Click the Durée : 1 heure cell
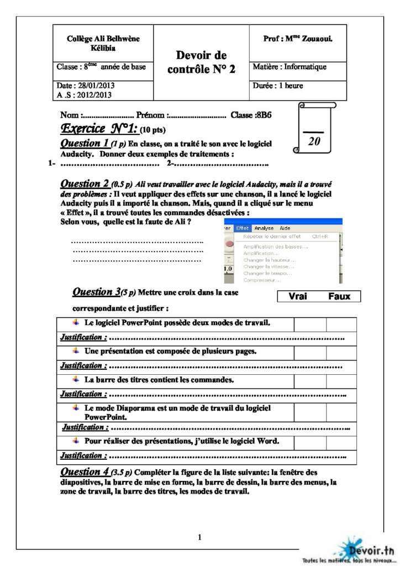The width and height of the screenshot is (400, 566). coord(278,86)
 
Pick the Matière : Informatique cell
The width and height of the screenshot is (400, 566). coord(290,67)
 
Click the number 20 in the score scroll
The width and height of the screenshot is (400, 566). coord(314,141)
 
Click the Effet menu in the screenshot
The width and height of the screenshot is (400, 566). coord(243,228)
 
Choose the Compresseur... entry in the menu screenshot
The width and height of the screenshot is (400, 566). coord(261,280)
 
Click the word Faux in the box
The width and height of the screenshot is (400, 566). coord(339,296)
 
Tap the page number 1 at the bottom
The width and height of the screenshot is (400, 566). coord(200,537)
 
